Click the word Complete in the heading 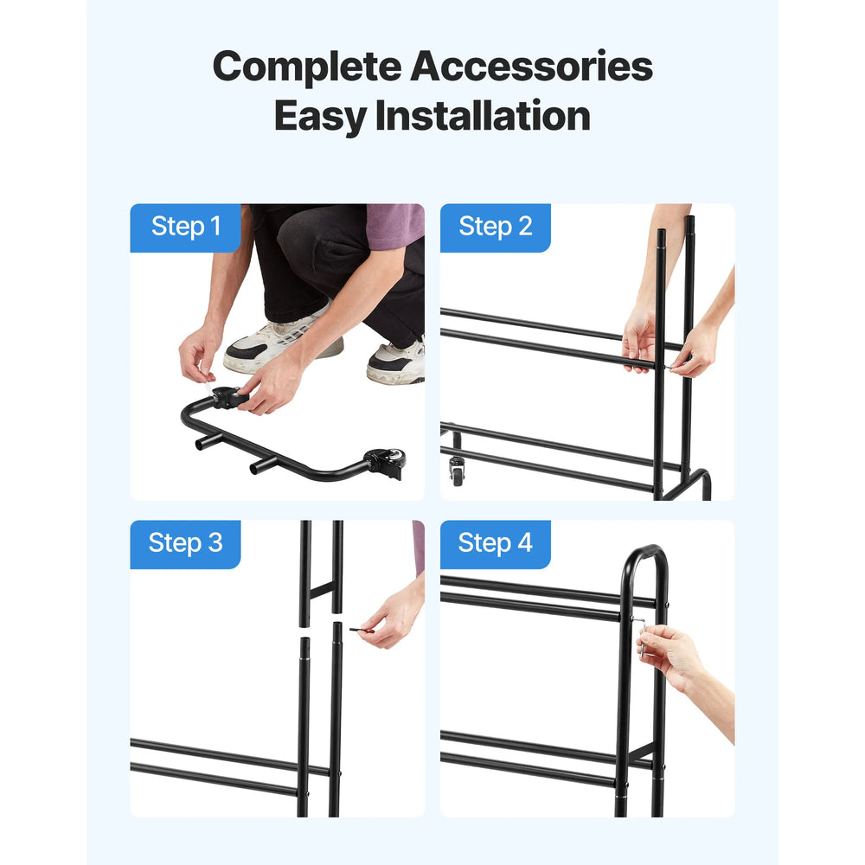point(307,67)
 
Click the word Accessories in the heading point(531,67)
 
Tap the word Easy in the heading point(321,117)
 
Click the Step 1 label point(186,226)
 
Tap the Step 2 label point(496,226)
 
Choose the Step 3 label point(185,543)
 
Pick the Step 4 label point(495,543)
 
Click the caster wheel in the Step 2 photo point(457,471)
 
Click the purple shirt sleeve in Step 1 point(395,225)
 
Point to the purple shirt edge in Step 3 point(419,546)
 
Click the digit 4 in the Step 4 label point(525,542)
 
